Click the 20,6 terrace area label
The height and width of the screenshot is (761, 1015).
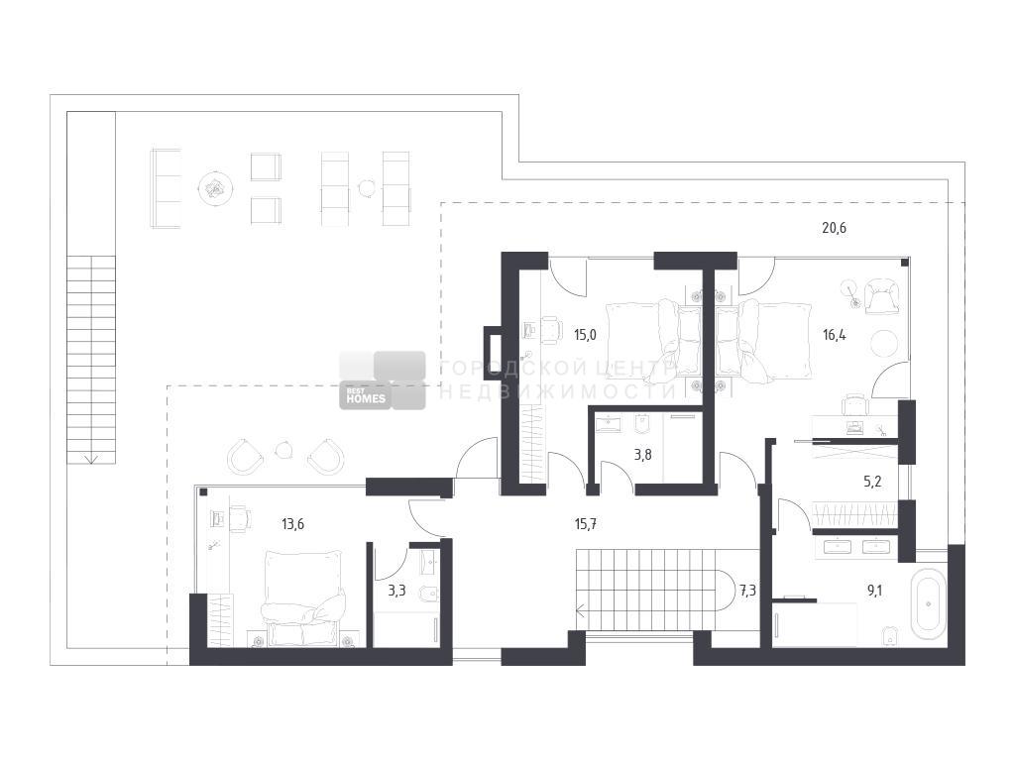coord(834,228)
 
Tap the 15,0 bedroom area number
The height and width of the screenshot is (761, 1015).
coord(585,335)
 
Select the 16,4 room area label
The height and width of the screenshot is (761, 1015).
coord(834,335)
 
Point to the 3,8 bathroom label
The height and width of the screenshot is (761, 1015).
coord(642,455)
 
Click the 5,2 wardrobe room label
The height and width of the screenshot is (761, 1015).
coord(872,482)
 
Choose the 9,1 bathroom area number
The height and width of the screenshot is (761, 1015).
coord(874,591)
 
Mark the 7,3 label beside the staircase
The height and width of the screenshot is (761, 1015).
coord(747,591)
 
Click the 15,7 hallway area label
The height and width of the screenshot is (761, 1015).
coord(585,524)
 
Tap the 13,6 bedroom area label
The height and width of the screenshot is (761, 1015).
coord(292,524)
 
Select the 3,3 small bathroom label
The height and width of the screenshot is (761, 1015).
coord(396,591)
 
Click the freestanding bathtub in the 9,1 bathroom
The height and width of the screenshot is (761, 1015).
coord(928,603)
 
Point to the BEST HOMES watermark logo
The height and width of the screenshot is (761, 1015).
coord(383,380)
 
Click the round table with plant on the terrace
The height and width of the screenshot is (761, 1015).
coord(215,188)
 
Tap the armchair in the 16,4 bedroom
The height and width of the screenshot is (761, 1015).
coord(881,296)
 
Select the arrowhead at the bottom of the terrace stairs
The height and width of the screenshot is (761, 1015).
coord(91,459)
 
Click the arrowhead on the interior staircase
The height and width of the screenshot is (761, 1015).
coord(580,609)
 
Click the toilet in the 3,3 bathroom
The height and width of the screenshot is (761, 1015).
coord(430,593)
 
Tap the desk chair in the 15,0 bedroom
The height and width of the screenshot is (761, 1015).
coord(549,329)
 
